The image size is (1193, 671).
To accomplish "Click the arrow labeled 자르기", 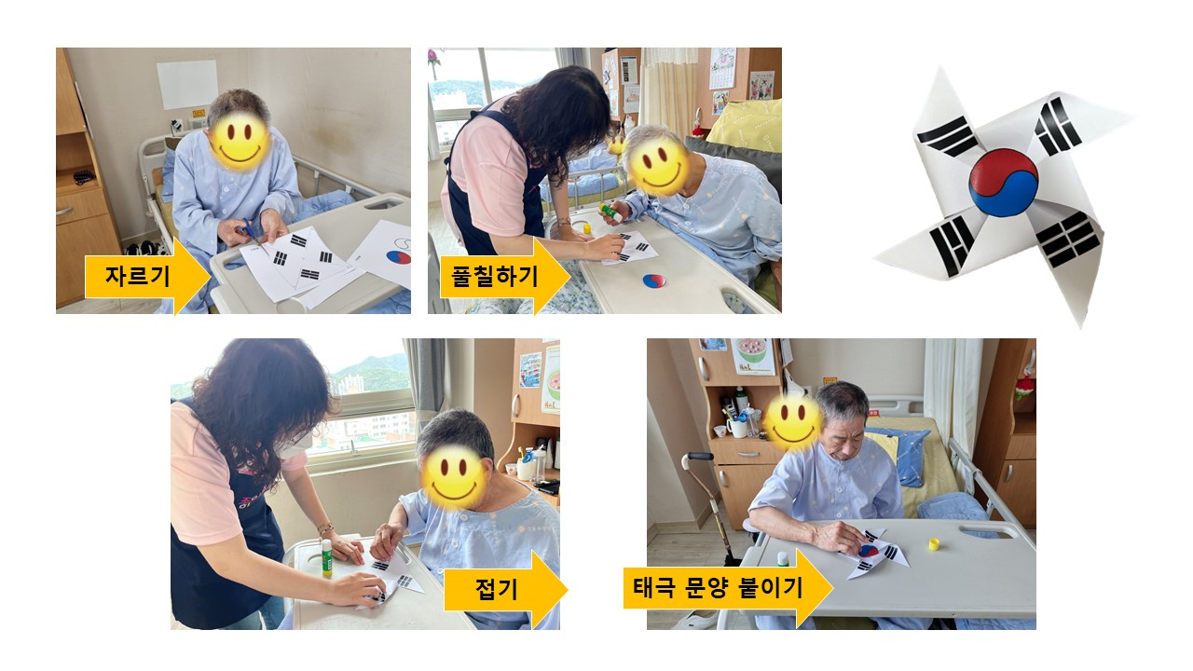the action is (147, 276).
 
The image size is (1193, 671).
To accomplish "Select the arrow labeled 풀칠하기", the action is (504, 276).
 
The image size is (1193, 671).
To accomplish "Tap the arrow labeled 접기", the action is (505, 590).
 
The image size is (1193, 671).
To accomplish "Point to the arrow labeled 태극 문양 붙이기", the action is (728, 588).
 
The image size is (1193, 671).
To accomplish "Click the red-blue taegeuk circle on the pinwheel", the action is (1004, 183).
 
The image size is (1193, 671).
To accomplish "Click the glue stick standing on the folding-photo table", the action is (326, 557).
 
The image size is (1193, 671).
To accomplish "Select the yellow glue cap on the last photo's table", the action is (934, 543).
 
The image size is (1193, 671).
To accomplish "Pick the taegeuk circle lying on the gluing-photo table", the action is (654, 281).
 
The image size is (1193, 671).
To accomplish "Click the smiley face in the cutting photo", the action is (240, 142).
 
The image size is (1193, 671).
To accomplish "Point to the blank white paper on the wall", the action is (187, 85).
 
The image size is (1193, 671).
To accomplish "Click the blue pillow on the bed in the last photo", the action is (900, 456).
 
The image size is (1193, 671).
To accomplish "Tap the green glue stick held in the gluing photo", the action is (610, 212).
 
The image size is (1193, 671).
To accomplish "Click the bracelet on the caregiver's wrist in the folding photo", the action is (323, 528).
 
